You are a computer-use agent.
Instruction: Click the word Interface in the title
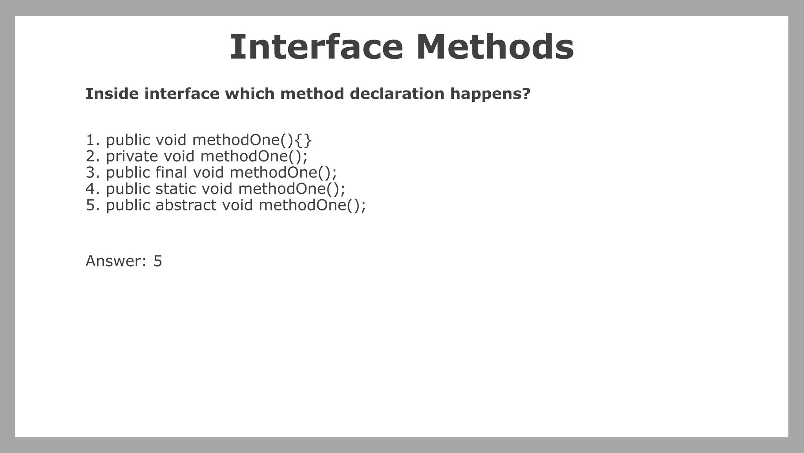[x=316, y=48]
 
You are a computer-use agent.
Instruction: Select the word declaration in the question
[x=397, y=94]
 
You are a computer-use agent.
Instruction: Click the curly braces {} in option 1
[x=303, y=140]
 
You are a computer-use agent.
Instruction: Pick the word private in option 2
[x=132, y=157]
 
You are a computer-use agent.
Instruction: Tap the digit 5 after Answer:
[x=157, y=261]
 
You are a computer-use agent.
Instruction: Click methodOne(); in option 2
[x=254, y=157]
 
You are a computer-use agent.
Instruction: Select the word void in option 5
[x=237, y=205]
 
